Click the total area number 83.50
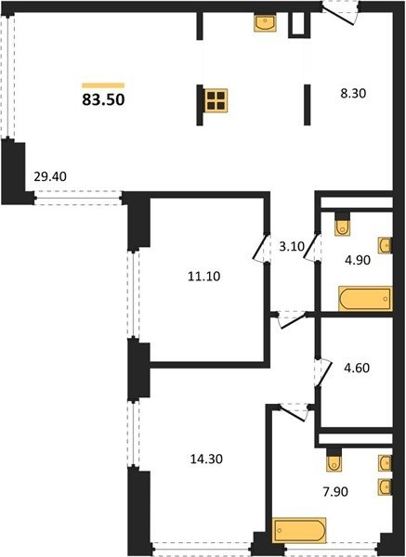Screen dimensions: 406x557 pos(103,100)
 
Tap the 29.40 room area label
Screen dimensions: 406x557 pos(50,176)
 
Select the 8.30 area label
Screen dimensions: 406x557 pos(353,94)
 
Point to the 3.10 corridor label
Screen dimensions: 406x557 pos(290,247)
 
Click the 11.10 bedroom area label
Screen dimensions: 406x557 pos(204,276)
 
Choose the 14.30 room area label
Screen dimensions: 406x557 pos(206,459)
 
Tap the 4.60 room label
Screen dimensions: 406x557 pos(356,368)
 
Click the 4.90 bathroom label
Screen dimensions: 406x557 pos(358,260)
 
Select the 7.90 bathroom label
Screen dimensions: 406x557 pos(334,492)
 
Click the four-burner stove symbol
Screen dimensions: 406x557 pos(216,100)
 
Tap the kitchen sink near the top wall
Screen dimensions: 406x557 pos(265,22)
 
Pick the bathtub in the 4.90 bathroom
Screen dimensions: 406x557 pos(365,299)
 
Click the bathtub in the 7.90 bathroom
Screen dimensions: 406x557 pos(299,530)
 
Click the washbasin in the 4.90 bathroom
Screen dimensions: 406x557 pos(385,245)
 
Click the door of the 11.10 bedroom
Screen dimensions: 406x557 pos(262,248)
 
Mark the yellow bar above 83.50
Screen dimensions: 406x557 pos(103,85)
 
